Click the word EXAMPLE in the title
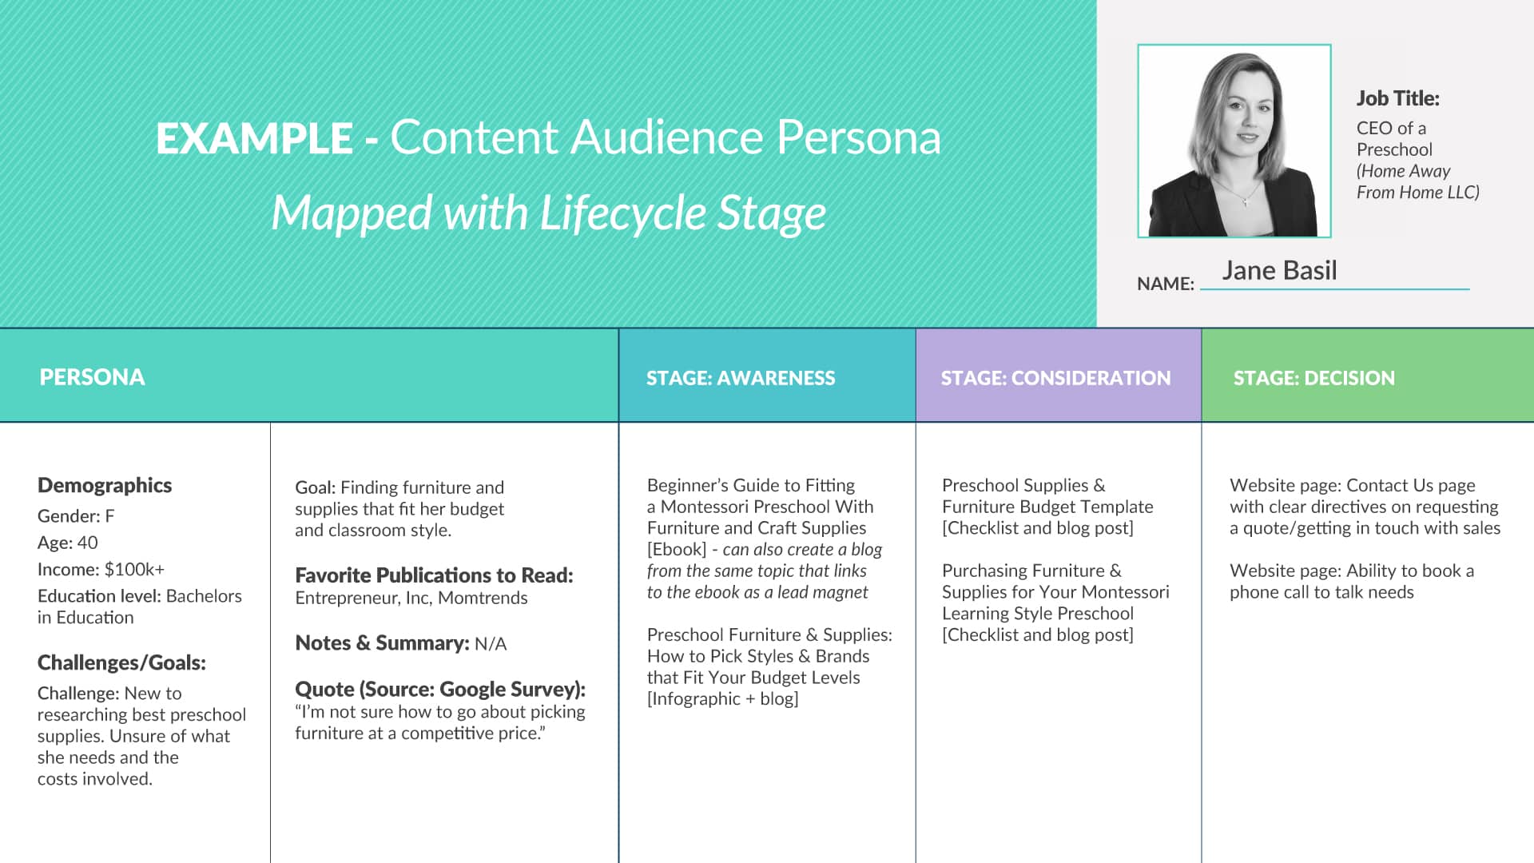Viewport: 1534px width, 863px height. pyautogui.click(x=254, y=138)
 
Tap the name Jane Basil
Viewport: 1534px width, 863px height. pyautogui.click(x=1279, y=270)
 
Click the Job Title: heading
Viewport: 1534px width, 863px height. pyautogui.click(x=1397, y=98)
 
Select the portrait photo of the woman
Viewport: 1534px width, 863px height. pyautogui.click(x=1234, y=141)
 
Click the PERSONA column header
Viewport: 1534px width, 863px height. pyautogui.click(x=92, y=377)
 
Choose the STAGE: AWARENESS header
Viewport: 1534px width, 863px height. pyautogui.click(x=741, y=378)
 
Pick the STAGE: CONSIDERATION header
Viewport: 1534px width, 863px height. pyautogui.click(x=1055, y=378)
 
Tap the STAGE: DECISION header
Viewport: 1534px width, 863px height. pyautogui.click(x=1314, y=378)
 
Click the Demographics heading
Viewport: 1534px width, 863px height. pyautogui.click(x=105, y=486)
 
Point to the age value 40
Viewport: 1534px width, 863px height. pyautogui.click(x=88, y=543)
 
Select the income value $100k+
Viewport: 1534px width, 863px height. pyautogui.click(x=134, y=569)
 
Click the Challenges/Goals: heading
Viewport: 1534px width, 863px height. pyautogui.click(x=121, y=662)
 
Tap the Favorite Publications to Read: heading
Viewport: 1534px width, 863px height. pyautogui.click(x=434, y=575)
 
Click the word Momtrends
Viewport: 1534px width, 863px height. pyautogui.click(x=483, y=598)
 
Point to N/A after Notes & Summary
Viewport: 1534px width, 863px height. pyautogui.click(x=491, y=643)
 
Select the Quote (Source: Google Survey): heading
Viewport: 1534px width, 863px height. pyautogui.click(x=440, y=689)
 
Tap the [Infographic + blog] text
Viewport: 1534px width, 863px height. pyautogui.click(x=723, y=699)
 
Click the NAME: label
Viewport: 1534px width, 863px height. pyautogui.click(x=1166, y=284)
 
